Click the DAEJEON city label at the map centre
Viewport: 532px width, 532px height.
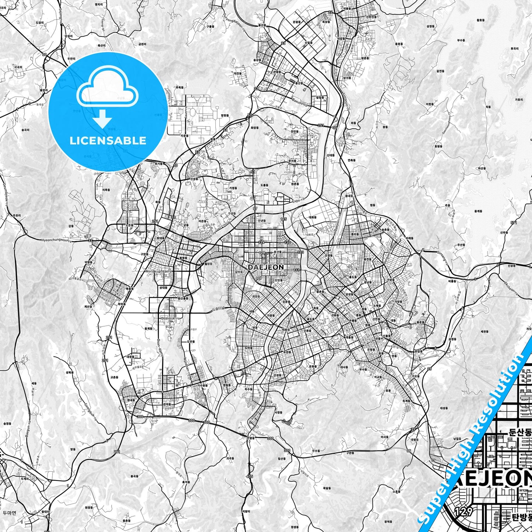point(265,267)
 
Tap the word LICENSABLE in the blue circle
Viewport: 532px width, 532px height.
point(108,140)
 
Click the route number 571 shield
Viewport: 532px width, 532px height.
point(514,222)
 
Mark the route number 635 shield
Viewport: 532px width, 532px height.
point(250,476)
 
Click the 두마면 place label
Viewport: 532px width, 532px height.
point(9,513)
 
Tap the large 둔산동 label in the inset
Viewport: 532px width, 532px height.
point(520,432)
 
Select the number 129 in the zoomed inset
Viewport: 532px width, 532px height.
point(464,512)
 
